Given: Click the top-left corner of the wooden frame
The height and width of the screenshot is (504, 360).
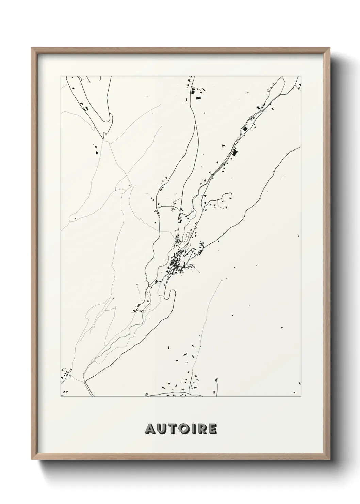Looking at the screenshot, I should click(x=32, y=48).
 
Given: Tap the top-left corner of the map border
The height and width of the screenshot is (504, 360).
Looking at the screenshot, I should click(x=61, y=76).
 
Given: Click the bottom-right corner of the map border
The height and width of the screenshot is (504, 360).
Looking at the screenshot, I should click(x=301, y=397).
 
